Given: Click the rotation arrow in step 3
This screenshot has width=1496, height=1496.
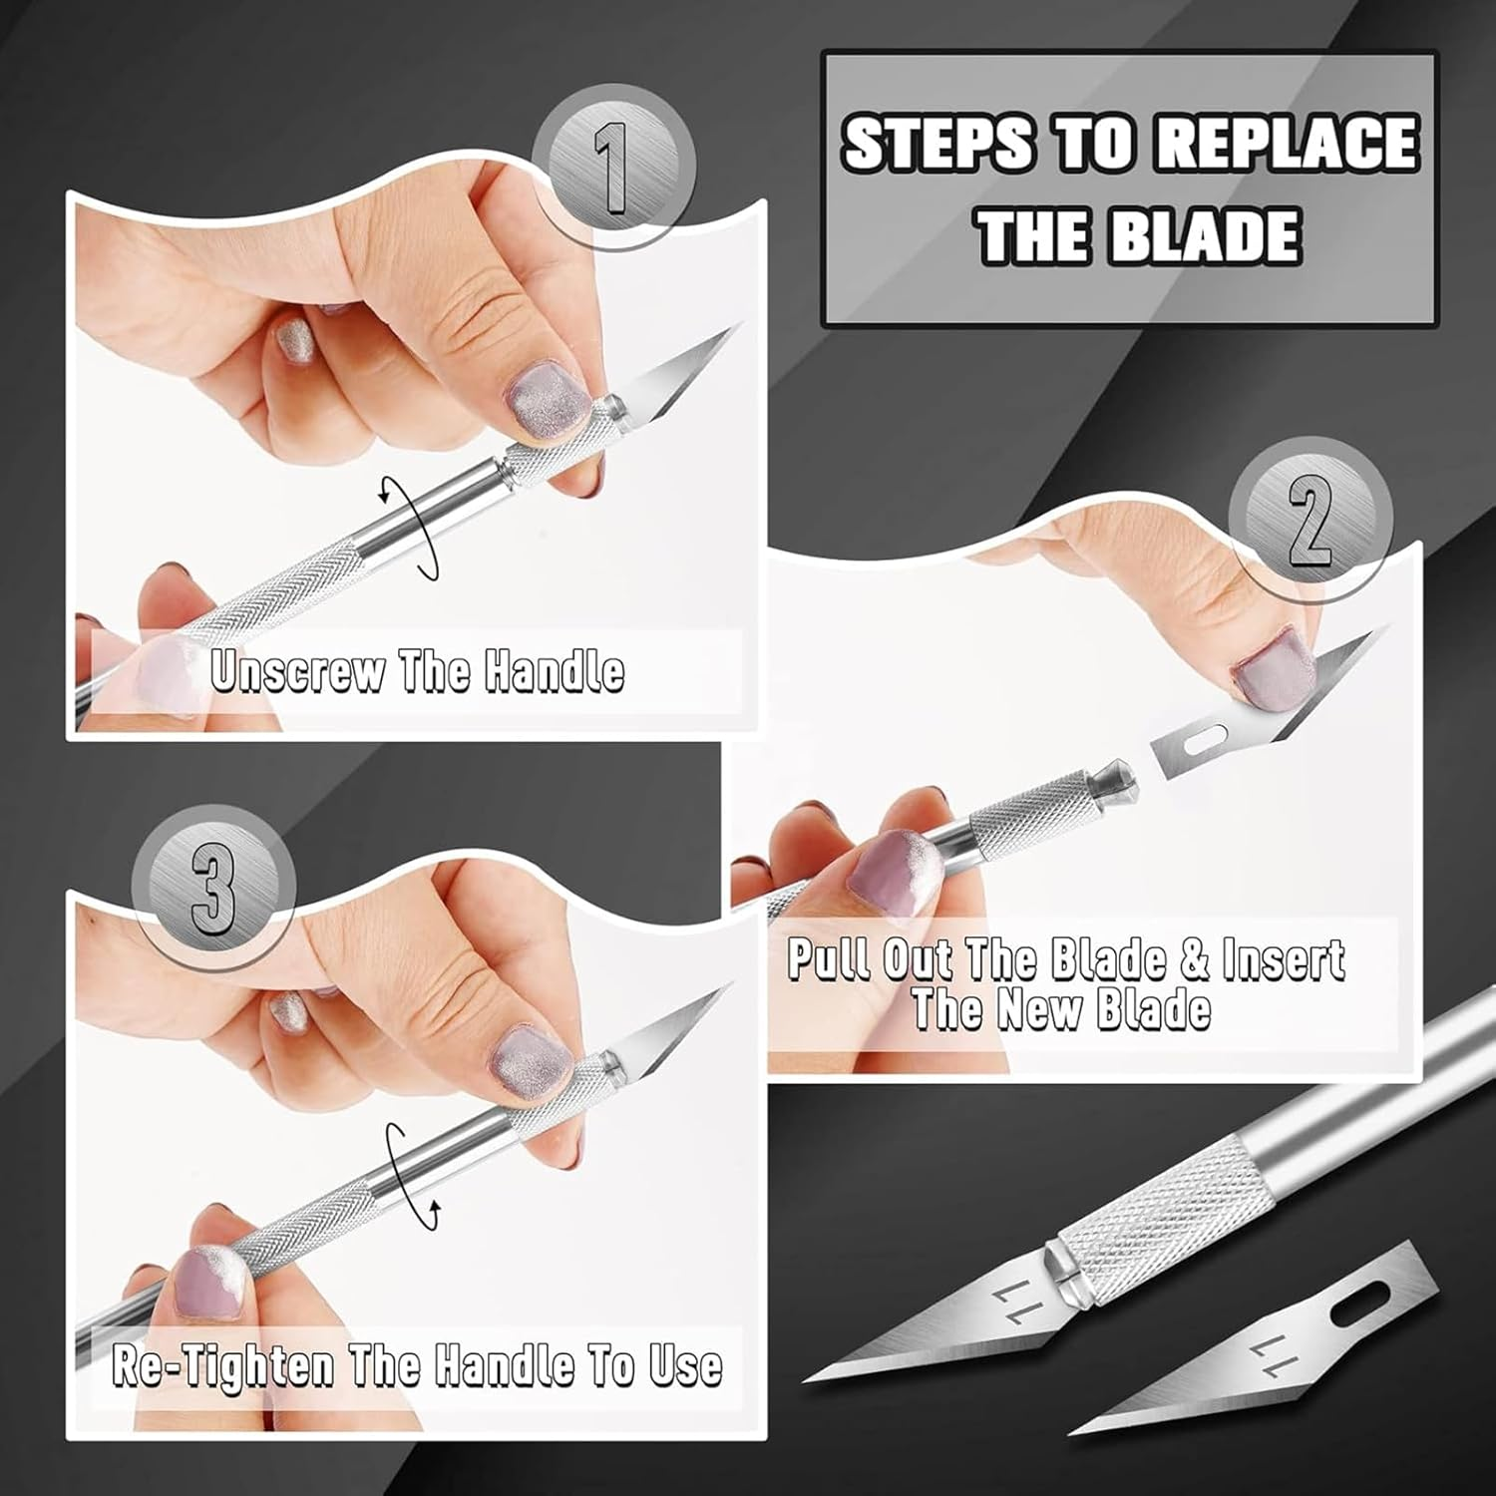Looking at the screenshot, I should coord(413,1176).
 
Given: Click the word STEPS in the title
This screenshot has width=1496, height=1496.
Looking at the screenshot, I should coord(937,143).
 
